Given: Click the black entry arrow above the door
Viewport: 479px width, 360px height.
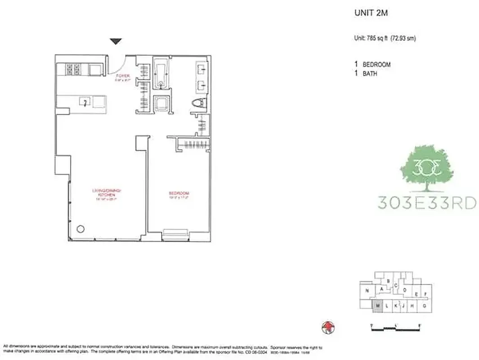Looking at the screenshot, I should tap(116, 42).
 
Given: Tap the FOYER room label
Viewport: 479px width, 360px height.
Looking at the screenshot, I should tap(122, 76).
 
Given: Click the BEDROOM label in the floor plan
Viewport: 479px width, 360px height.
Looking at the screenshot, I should tap(176, 194).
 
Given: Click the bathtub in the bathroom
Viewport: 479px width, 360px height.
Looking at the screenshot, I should tap(160, 73).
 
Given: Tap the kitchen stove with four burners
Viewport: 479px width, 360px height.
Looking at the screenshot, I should tap(73, 69).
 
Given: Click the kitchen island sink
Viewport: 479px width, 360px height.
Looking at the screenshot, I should tap(85, 102).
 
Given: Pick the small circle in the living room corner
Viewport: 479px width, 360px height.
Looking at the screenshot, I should tap(81, 229).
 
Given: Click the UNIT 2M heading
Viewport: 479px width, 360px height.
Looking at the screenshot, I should tap(371, 13).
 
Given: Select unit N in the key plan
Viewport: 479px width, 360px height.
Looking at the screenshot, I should tap(368, 291).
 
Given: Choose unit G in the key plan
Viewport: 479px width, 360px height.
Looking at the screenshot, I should tap(425, 306).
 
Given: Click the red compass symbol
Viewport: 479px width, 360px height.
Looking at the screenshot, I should tap(329, 327).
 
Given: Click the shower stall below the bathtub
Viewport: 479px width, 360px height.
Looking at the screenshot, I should tap(161, 104).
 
